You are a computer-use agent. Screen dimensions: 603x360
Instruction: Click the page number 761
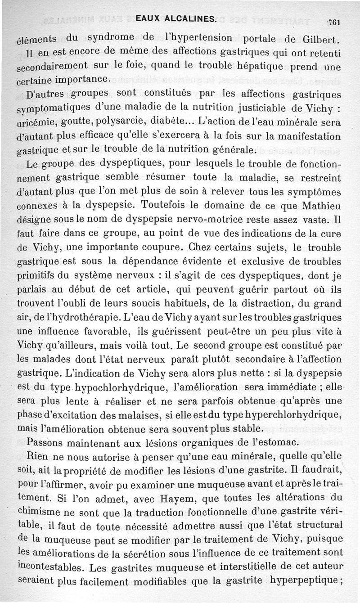click(336, 22)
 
